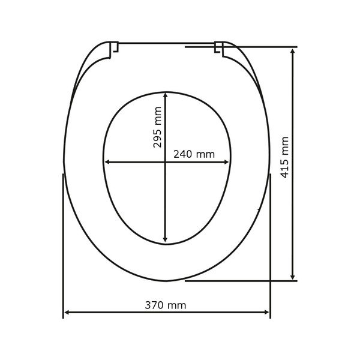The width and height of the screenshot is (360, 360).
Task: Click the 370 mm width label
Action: pyautogui.click(x=166, y=305)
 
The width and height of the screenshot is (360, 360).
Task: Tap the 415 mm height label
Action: pyautogui.click(x=284, y=157)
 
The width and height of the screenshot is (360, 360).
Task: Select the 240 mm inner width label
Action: pyautogui.click(x=194, y=154)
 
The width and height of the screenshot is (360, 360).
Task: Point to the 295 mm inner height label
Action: pyautogui.click(x=157, y=127)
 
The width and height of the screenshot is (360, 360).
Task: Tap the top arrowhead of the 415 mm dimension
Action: pyautogui.click(x=293, y=51)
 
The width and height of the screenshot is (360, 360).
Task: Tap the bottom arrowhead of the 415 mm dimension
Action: pyautogui.click(x=293, y=277)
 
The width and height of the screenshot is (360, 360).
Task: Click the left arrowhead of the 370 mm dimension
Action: pyautogui.click(x=67, y=312)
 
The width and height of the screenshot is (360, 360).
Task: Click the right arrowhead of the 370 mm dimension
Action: pyautogui.click(x=266, y=312)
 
